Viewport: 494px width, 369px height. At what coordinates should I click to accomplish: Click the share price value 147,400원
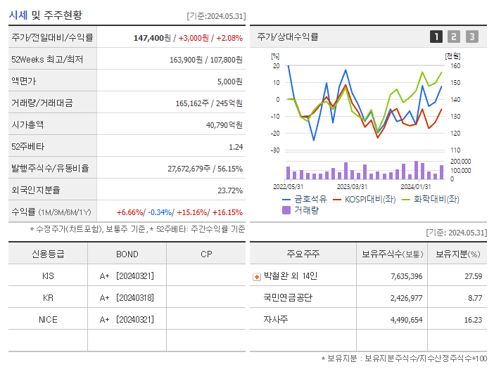tap(153, 37)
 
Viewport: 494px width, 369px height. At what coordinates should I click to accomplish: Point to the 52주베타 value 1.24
tap(236, 146)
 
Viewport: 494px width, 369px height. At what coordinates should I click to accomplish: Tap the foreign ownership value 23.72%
tap(230, 190)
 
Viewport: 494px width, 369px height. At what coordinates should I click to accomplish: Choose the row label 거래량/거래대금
tap(42, 103)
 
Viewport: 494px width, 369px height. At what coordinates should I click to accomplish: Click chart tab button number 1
tap(436, 37)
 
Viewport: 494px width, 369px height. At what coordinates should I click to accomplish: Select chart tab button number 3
tap(471, 37)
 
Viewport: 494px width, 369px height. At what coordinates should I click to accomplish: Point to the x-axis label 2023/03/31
tap(352, 186)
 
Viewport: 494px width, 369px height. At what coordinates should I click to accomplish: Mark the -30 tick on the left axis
tap(275, 150)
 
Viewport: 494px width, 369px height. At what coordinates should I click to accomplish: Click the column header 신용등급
tap(47, 254)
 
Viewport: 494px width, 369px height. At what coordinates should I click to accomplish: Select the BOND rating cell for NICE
tap(127, 319)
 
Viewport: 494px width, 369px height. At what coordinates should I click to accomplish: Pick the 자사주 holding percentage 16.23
tap(473, 319)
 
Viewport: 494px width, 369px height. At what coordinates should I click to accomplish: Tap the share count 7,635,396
tap(406, 276)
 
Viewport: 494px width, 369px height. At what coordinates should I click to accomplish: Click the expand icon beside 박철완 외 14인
tap(257, 276)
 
